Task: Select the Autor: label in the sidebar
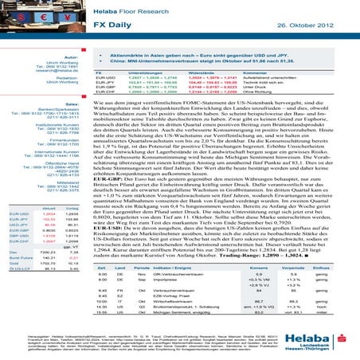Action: coord(68,58)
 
